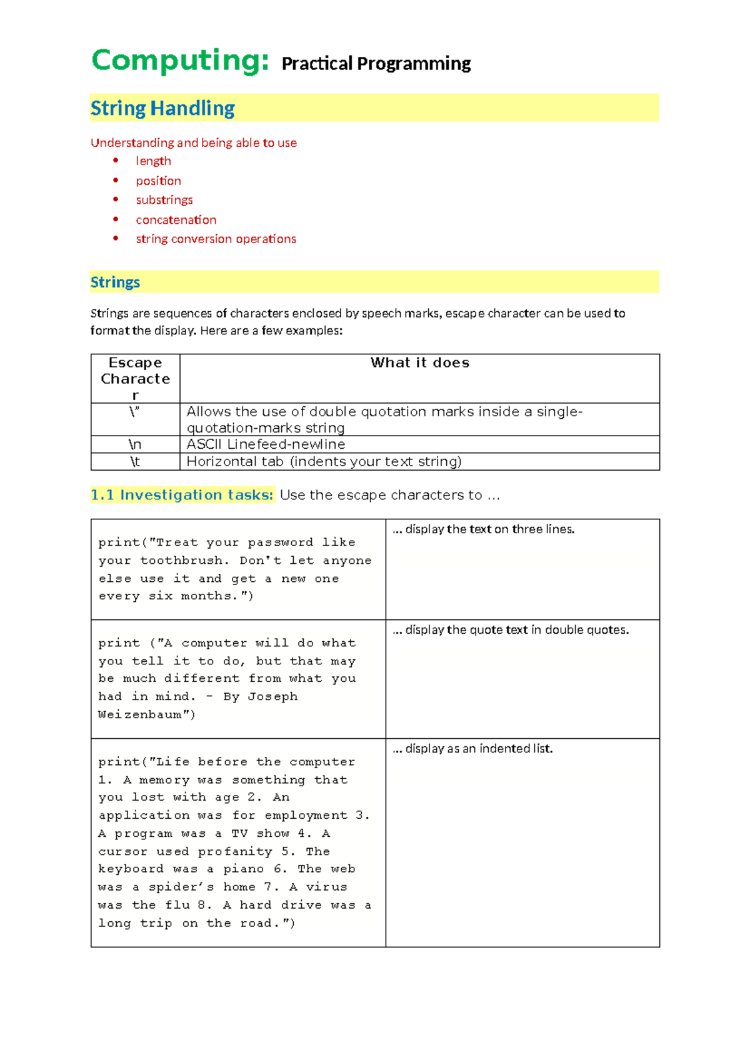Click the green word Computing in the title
(180, 61)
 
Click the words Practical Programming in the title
(376, 64)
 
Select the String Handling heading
(162, 108)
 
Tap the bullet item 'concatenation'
(176, 220)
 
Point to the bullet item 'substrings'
(164, 200)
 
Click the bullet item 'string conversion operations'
(216, 239)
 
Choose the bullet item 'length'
(153, 161)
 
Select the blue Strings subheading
(115, 282)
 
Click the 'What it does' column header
(419, 362)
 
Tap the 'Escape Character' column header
(135, 378)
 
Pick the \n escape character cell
(135, 444)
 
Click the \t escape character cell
(135, 461)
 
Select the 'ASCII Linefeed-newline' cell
(266, 444)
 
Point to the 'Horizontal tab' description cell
(324, 461)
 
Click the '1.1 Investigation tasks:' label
(182, 495)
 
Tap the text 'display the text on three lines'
(489, 529)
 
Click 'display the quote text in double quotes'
(516, 630)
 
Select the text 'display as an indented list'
(479, 749)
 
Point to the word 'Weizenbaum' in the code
(138, 714)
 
